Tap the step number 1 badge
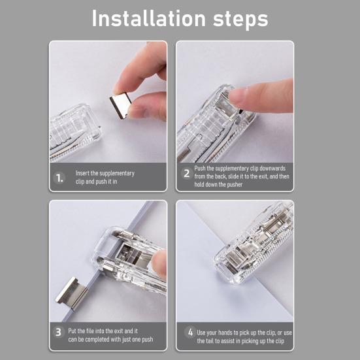coord(59,177)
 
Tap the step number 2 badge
coord(186,174)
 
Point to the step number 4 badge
coord(190,333)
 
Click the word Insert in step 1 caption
coord(83,173)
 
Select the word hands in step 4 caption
coord(229,333)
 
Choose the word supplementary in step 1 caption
coord(113,173)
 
